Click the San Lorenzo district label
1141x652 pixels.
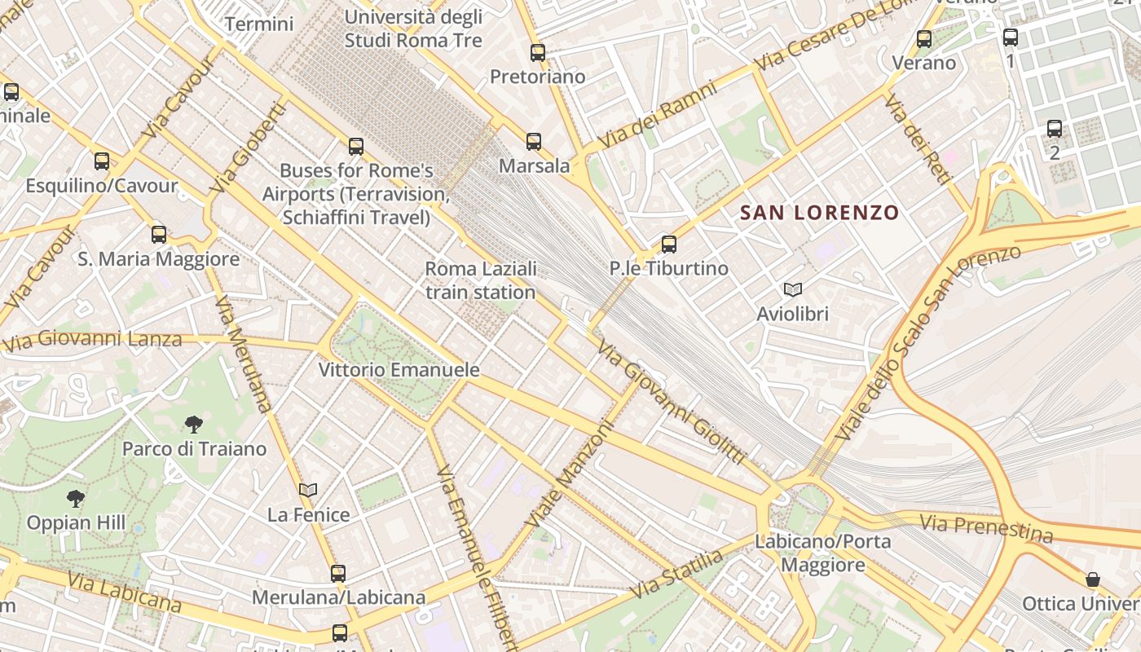pos(819,213)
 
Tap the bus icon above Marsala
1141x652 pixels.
pos(534,142)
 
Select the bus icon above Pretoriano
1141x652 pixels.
pos(538,53)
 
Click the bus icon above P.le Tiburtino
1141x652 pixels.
pos(669,244)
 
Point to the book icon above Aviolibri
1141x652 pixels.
pos(792,289)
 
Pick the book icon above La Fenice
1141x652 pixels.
pos(308,490)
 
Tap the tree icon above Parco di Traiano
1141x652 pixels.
pos(194,424)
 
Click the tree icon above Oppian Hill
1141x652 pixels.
pos(76,498)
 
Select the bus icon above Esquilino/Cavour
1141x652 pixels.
pos(102,161)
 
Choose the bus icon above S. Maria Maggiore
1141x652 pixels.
pos(159,235)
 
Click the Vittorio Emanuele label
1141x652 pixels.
pos(399,369)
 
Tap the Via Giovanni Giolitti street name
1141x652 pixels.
pos(671,402)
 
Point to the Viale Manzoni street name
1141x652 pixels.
pos(568,474)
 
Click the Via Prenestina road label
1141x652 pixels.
pos(986,528)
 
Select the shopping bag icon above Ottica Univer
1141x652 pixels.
pos(1093,579)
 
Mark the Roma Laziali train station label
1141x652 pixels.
pos(481,280)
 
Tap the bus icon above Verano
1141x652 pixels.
pos(924,38)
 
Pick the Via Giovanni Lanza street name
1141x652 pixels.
pos(91,338)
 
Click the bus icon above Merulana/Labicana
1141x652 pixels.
pos(338,573)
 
